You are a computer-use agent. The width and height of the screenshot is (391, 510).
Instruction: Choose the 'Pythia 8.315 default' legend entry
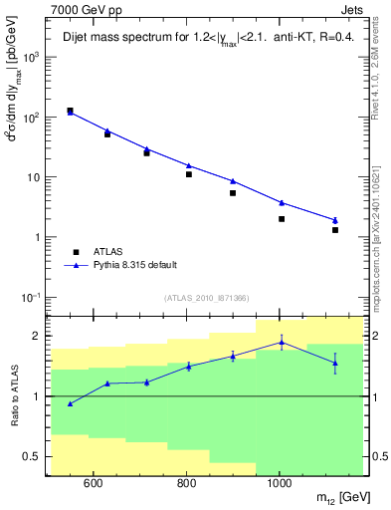coord(120,265)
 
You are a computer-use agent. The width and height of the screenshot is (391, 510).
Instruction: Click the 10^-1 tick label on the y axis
coord(32,298)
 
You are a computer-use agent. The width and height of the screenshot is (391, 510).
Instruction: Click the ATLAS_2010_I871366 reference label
coord(207,298)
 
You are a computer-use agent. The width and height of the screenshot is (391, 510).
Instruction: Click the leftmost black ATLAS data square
coord(70,111)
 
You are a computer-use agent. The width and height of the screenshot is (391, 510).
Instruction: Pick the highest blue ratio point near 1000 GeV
coord(282,342)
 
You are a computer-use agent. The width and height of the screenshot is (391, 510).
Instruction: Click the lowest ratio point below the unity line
coord(70,403)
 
